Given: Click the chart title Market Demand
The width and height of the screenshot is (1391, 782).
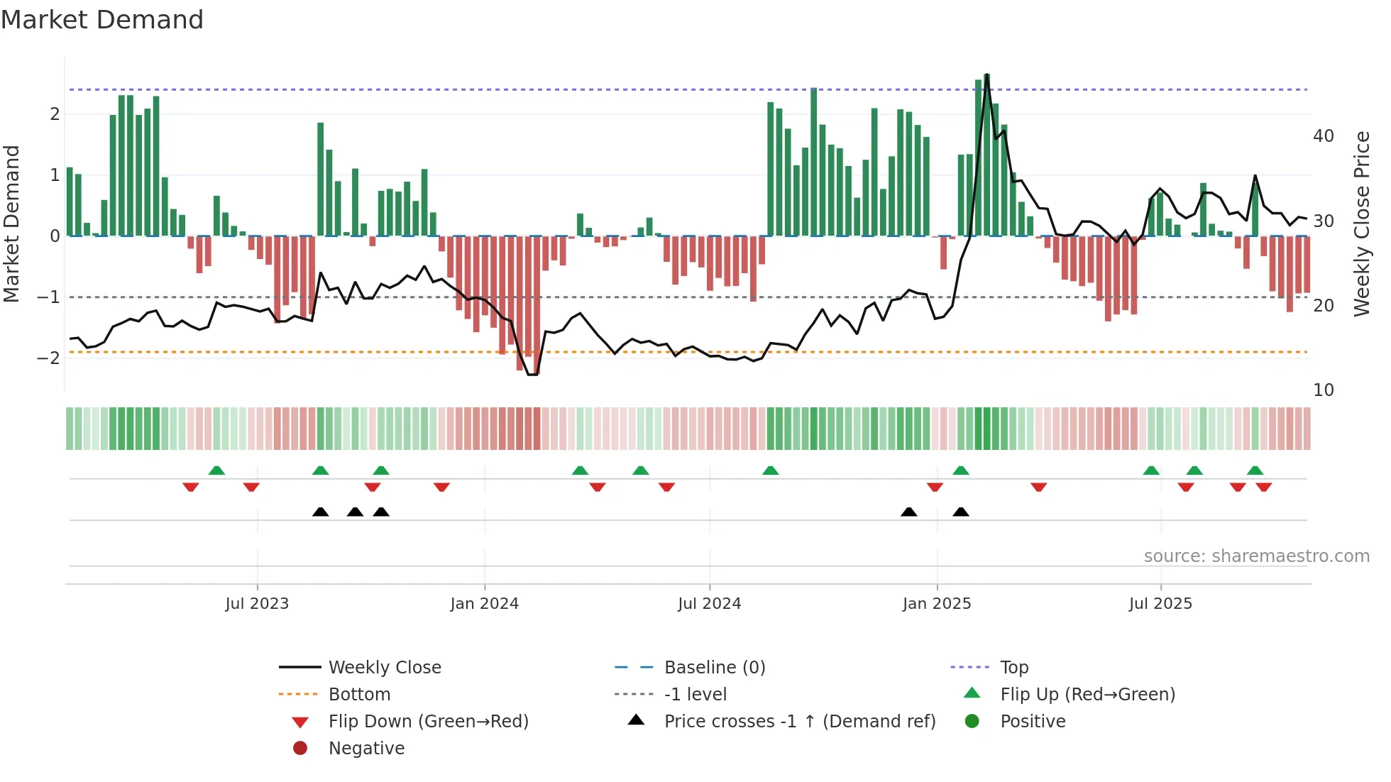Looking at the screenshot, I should (x=102, y=20).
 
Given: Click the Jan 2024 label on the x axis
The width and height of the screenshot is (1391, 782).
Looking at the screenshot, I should (x=485, y=604).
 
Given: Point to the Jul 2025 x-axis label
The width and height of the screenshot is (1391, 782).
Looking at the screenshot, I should (x=1160, y=604).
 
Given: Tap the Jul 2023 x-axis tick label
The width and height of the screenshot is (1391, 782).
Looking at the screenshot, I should (x=257, y=604).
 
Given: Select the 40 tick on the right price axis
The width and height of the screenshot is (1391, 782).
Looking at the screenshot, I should (x=1323, y=136).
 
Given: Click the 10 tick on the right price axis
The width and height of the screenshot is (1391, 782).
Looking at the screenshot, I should (x=1323, y=390).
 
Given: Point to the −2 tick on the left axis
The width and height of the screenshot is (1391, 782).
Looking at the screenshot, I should (x=48, y=358).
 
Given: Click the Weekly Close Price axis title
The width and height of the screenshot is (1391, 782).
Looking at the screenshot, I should (x=1361, y=224).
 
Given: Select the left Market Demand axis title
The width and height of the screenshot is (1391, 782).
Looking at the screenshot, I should (x=11, y=224).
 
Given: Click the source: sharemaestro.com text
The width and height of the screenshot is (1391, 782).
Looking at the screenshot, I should (x=1256, y=556).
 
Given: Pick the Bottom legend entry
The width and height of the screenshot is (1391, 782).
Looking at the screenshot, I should (x=359, y=695).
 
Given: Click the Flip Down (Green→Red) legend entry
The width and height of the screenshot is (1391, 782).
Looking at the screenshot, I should (x=428, y=722).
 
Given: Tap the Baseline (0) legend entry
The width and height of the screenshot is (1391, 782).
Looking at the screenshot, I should (x=714, y=668).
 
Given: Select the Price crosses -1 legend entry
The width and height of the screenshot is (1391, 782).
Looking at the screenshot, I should (x=799, y=722).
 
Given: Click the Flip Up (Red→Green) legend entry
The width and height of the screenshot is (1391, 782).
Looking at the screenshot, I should (x=1087, y=695).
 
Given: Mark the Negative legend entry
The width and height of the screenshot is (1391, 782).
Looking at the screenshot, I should (x=366, y=749).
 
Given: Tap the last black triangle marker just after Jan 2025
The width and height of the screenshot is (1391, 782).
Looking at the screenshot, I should (x=961, y=512).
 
